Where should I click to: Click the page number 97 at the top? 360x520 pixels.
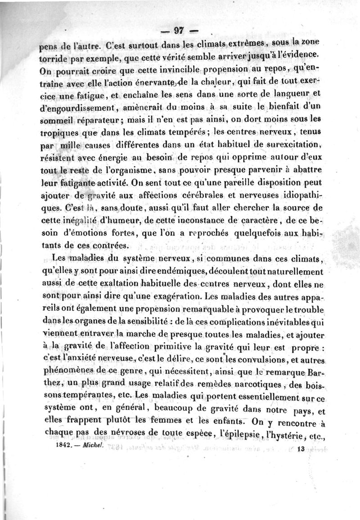(x=180, y=31)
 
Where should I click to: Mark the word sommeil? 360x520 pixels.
(x=54, y=120)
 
